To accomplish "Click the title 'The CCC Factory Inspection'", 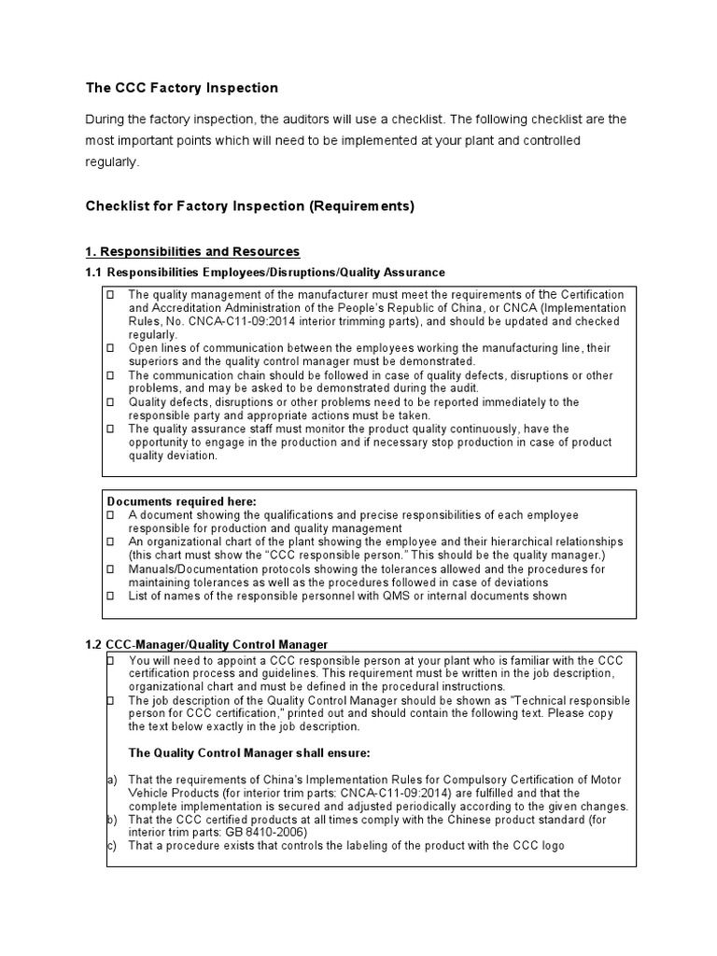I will (182, 88).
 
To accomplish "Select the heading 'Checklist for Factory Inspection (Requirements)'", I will (250, 206).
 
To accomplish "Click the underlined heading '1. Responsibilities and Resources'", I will (192, 251).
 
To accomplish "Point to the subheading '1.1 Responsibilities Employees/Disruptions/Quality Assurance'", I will (265, 272).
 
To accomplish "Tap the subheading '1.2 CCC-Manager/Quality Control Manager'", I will (206, 644).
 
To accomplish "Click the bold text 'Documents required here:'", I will (182, 501).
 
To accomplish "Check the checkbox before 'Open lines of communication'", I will (110, 348).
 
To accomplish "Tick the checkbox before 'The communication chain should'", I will (110, 375).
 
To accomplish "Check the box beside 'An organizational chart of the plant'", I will (110, 541).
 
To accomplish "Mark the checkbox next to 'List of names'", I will (110, 596).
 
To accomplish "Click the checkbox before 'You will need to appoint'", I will (110, 660).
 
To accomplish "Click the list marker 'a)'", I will (111, 780).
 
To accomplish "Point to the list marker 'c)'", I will (111, 846).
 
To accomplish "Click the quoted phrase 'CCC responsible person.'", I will (308, 555).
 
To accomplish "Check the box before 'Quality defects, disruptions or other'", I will (110, 402).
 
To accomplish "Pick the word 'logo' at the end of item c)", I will (552, 846).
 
